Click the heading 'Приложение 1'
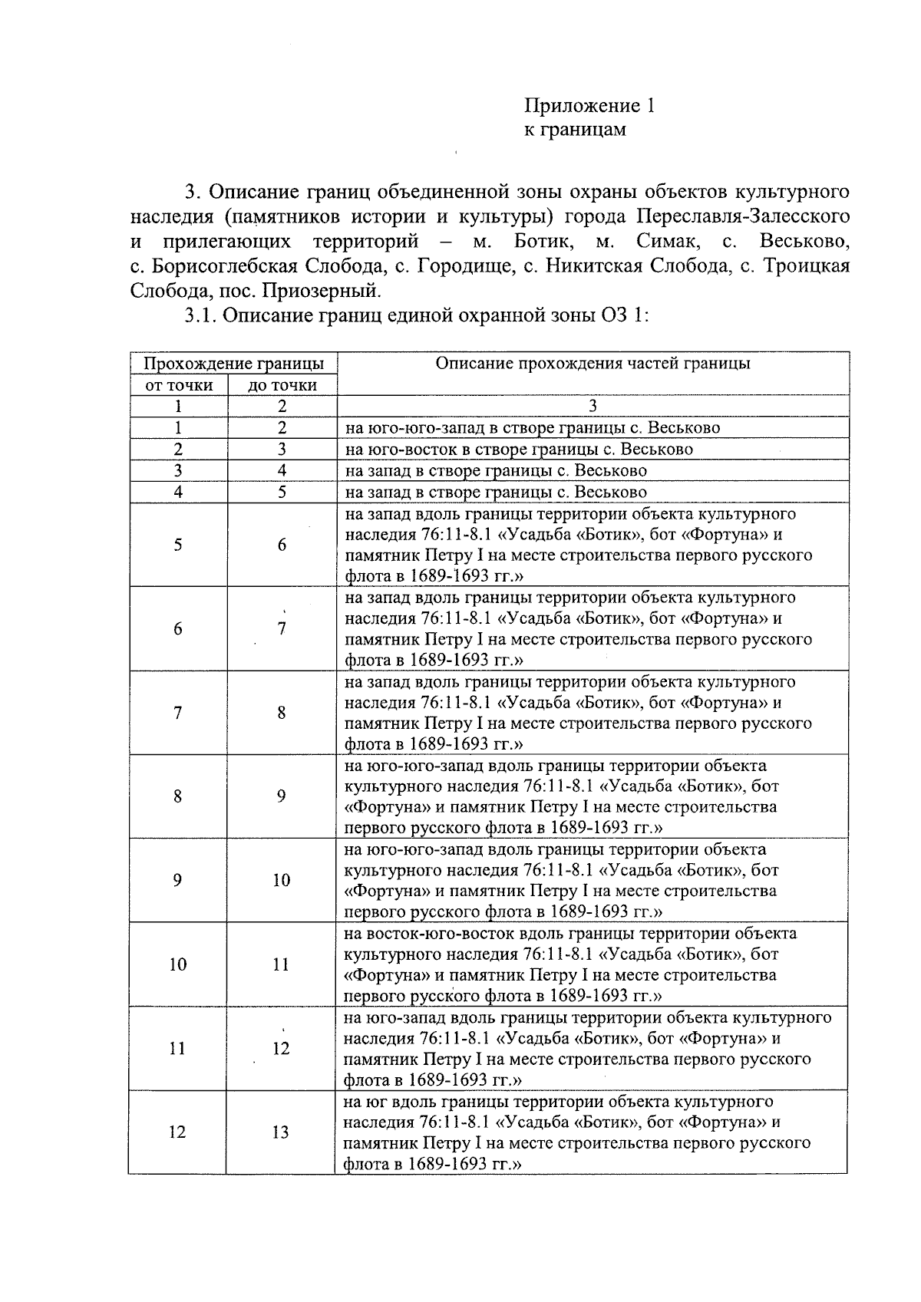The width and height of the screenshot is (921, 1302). click(589, 106)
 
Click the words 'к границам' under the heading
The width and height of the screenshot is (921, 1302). click(574, 129)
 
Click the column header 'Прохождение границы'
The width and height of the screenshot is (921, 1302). click(233, 364)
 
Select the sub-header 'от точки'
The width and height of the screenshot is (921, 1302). click(179, 385)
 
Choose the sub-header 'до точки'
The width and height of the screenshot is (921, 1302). click(282, 385)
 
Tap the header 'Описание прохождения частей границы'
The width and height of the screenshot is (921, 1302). click(593, 364)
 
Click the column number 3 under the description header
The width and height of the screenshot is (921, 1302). click(592, 406)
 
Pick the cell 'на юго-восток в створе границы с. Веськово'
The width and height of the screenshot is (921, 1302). click(519, 449)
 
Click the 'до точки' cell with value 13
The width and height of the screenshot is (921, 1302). click(281, 1132)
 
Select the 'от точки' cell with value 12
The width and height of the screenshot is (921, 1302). click(177, 1132)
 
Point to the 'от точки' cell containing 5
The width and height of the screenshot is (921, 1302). click(177, 545)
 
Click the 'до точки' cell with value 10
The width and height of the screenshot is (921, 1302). click(281, 880)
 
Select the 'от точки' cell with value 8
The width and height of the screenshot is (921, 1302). click(177, 796)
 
